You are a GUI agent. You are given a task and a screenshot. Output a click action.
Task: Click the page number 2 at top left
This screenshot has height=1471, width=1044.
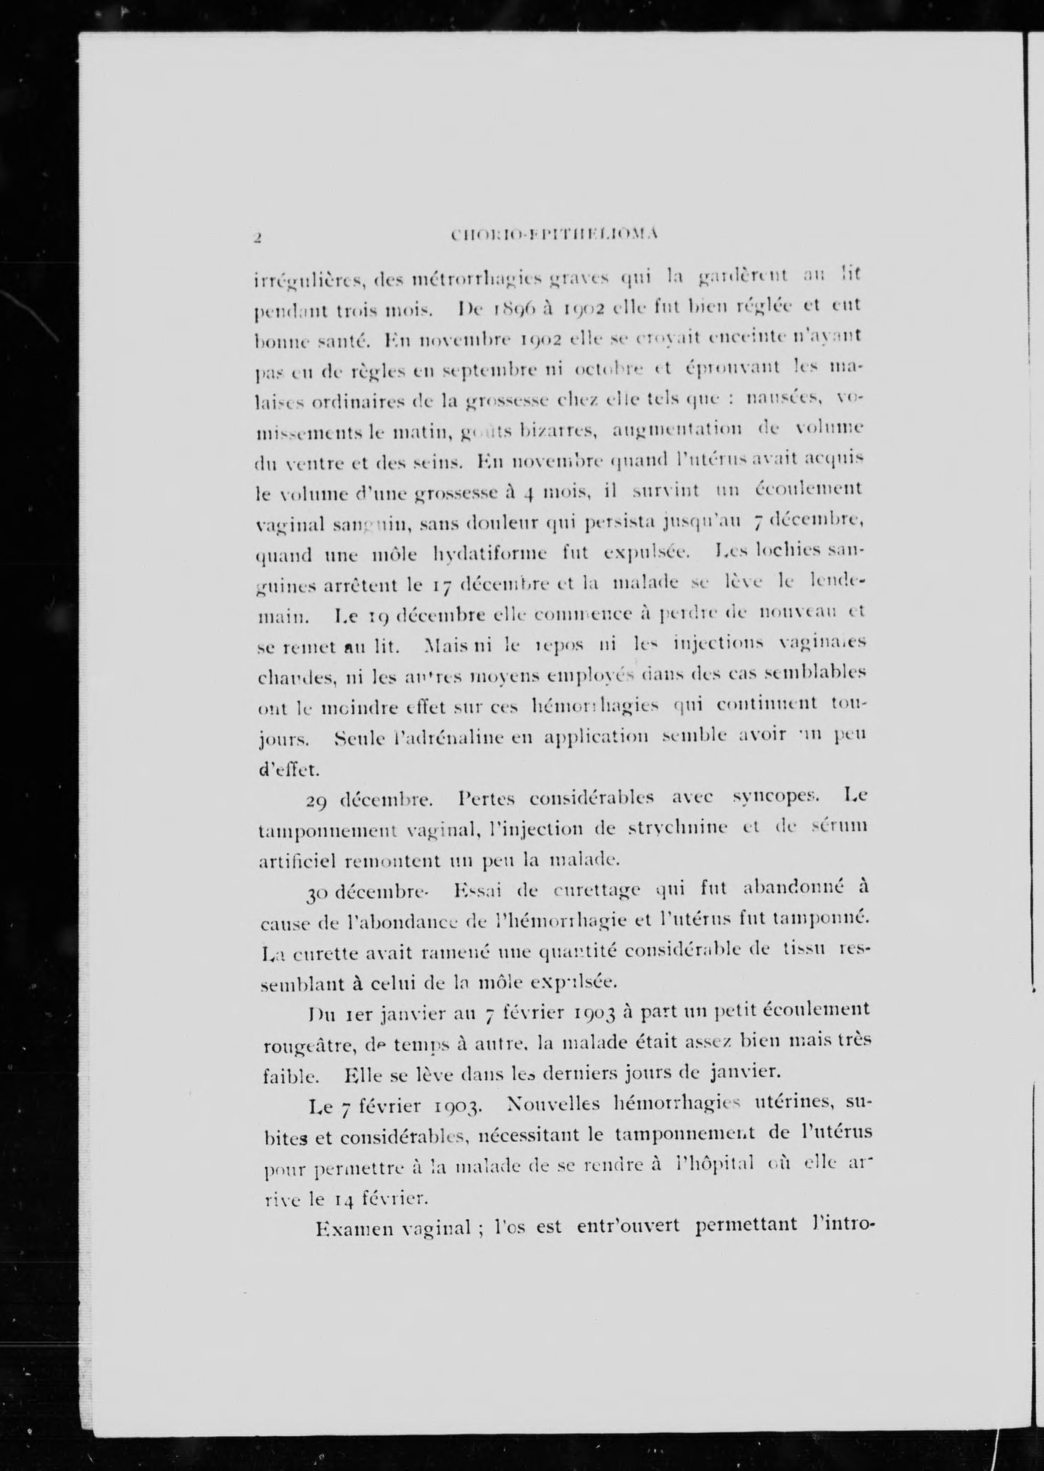(x=256, y=237)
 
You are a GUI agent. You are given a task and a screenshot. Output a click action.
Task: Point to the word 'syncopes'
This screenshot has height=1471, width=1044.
(x=774, y=797)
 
